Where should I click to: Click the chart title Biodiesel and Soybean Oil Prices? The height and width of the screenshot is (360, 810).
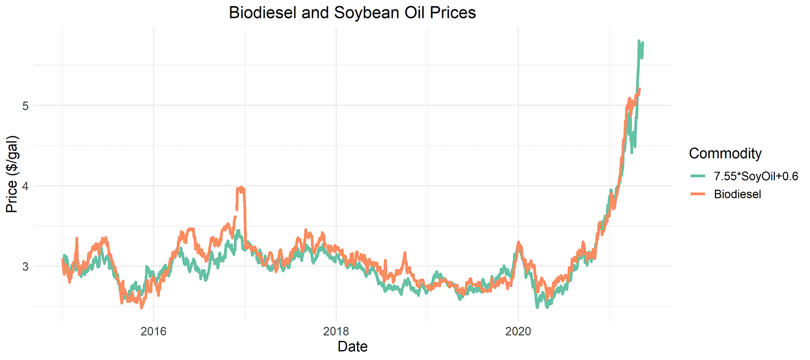pos(353,12)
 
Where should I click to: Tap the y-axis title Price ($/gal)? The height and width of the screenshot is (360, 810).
pos(12,174)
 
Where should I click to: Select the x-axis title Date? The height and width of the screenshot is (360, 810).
pos(353,347)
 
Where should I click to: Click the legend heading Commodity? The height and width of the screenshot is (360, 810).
pos(725,153)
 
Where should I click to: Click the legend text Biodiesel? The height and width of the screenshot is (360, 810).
pos(738,194)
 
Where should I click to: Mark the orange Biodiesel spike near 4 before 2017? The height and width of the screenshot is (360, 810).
pos(240,189)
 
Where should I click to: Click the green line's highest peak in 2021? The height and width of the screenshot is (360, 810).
pos(639,41)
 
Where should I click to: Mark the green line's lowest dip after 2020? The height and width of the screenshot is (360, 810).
pos(538,307)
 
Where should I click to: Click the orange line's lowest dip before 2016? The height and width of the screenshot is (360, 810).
pos(142,307)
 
